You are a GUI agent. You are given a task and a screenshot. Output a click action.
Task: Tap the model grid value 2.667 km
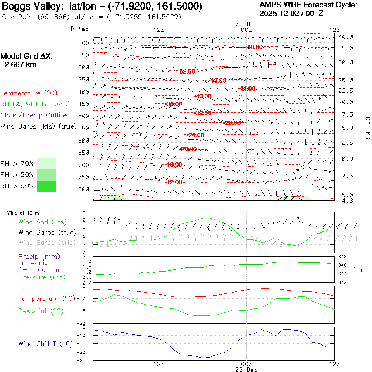click(20, 65)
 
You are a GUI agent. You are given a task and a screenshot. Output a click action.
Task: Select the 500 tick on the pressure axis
click(84, 116)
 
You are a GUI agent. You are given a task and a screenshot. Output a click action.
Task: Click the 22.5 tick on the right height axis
click(345, 91)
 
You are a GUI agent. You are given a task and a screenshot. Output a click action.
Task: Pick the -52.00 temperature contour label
click(187, 72)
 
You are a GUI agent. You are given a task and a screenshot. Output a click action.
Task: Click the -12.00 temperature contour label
click(174, 182)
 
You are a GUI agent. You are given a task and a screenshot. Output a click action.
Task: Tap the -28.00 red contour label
click(231, 123)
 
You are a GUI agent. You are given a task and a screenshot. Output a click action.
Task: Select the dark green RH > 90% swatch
click(46, 186)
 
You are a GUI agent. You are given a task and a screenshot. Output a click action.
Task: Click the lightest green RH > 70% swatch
click(46, 164)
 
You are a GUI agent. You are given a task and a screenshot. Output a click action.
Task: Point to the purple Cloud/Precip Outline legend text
click(34, 115)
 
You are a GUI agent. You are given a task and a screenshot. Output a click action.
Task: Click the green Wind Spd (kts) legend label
click(42, 222)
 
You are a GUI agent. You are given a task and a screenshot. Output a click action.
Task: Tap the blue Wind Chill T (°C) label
click(45, 344)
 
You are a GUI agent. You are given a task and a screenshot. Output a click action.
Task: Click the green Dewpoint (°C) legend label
click(41, 311)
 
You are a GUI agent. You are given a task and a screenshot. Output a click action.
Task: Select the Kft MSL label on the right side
click(366, 130)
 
